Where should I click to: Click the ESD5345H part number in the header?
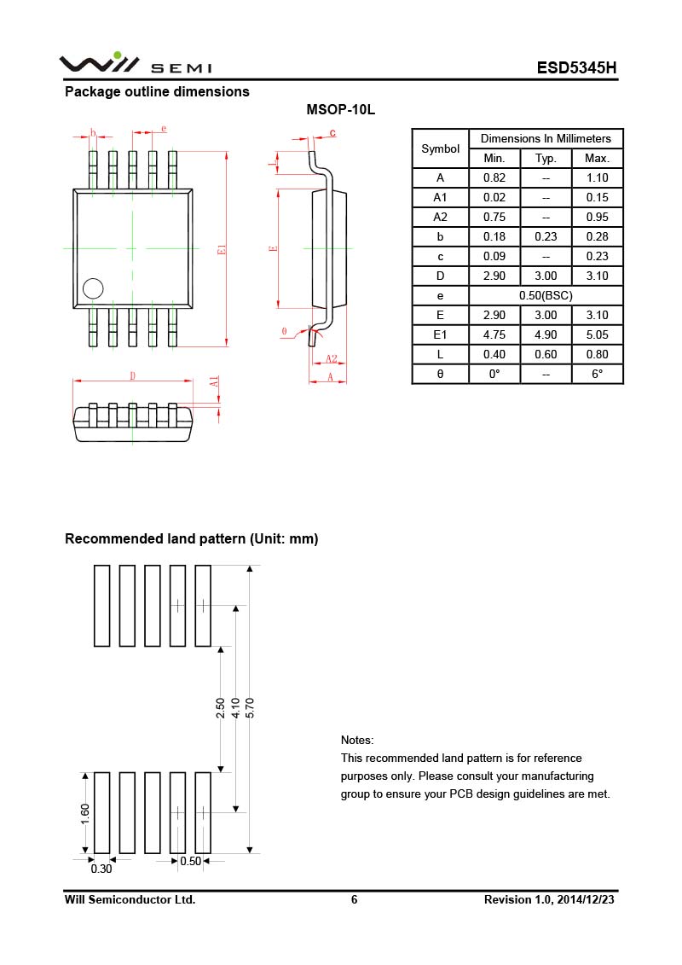tap(576, 68)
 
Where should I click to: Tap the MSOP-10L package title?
tap(341, 111)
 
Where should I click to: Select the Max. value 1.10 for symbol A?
tap(597, 177)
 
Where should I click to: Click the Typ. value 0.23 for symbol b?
tap(546, 236)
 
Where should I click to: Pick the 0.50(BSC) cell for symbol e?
tap(546, 295)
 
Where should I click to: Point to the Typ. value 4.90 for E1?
tap(546, 334)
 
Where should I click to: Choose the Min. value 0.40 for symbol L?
tap(494, 354)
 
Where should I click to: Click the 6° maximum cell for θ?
tap(597, 374)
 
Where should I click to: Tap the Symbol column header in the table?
tap(441, 148)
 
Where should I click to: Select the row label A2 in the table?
tap(441, 217)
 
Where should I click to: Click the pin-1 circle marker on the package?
tap(92, 288)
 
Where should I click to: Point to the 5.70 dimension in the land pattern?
tap(250, 707)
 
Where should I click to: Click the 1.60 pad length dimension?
tap(85, 813)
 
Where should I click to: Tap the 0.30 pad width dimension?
tap(101, 869)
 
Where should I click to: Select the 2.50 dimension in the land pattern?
tap(221, 707)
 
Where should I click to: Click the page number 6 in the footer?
tap(354, 899)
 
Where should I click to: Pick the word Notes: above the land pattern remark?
tap(357, 740)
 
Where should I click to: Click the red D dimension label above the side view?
tap(132, 375)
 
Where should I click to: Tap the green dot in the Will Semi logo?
tap(117, 55)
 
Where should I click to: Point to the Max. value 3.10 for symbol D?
tap(597, 276)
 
